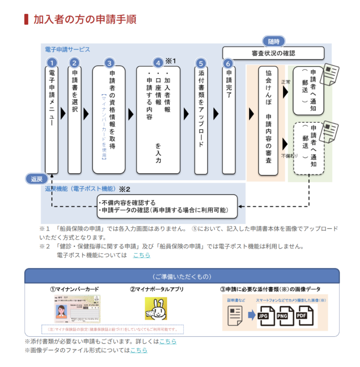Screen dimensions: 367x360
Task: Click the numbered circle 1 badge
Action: [52, 63]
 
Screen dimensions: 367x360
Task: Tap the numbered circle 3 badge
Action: [109, 63]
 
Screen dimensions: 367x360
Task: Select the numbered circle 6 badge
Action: [228, 63]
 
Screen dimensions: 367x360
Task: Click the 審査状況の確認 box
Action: [273, 53]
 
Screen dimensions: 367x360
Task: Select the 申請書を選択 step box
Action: [74, 120]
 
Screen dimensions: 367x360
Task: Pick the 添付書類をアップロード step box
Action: [201, 120]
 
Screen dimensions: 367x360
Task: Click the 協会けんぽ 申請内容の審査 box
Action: [268, 120]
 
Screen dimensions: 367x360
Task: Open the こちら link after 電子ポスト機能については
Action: [141, 255]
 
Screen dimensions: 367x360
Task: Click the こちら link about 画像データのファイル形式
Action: [139, 350]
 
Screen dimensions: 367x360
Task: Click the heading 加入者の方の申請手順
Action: [85, 19]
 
